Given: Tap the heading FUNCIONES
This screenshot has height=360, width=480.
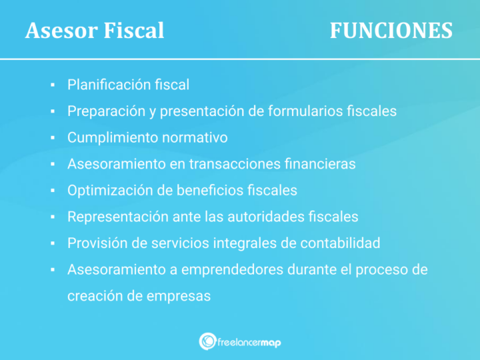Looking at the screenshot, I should pyautogui.click(x=391, y=31).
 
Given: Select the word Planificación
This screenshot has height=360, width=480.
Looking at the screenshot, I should pyautogui.click(x=107, y=85).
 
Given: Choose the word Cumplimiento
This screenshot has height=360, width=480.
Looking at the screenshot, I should pyautogui.click(x=110, y=138).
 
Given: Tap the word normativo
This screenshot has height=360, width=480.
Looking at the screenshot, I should pyautogui.click(x=195, y=138).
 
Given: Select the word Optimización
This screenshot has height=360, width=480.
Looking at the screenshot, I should pyautogui.click(x=108, y=191).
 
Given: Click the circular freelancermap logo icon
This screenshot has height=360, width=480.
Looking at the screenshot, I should pyautogui.click(x=207, y=341).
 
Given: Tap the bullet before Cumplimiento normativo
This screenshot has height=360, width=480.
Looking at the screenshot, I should pyautogui.click(x=51, y=139).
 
